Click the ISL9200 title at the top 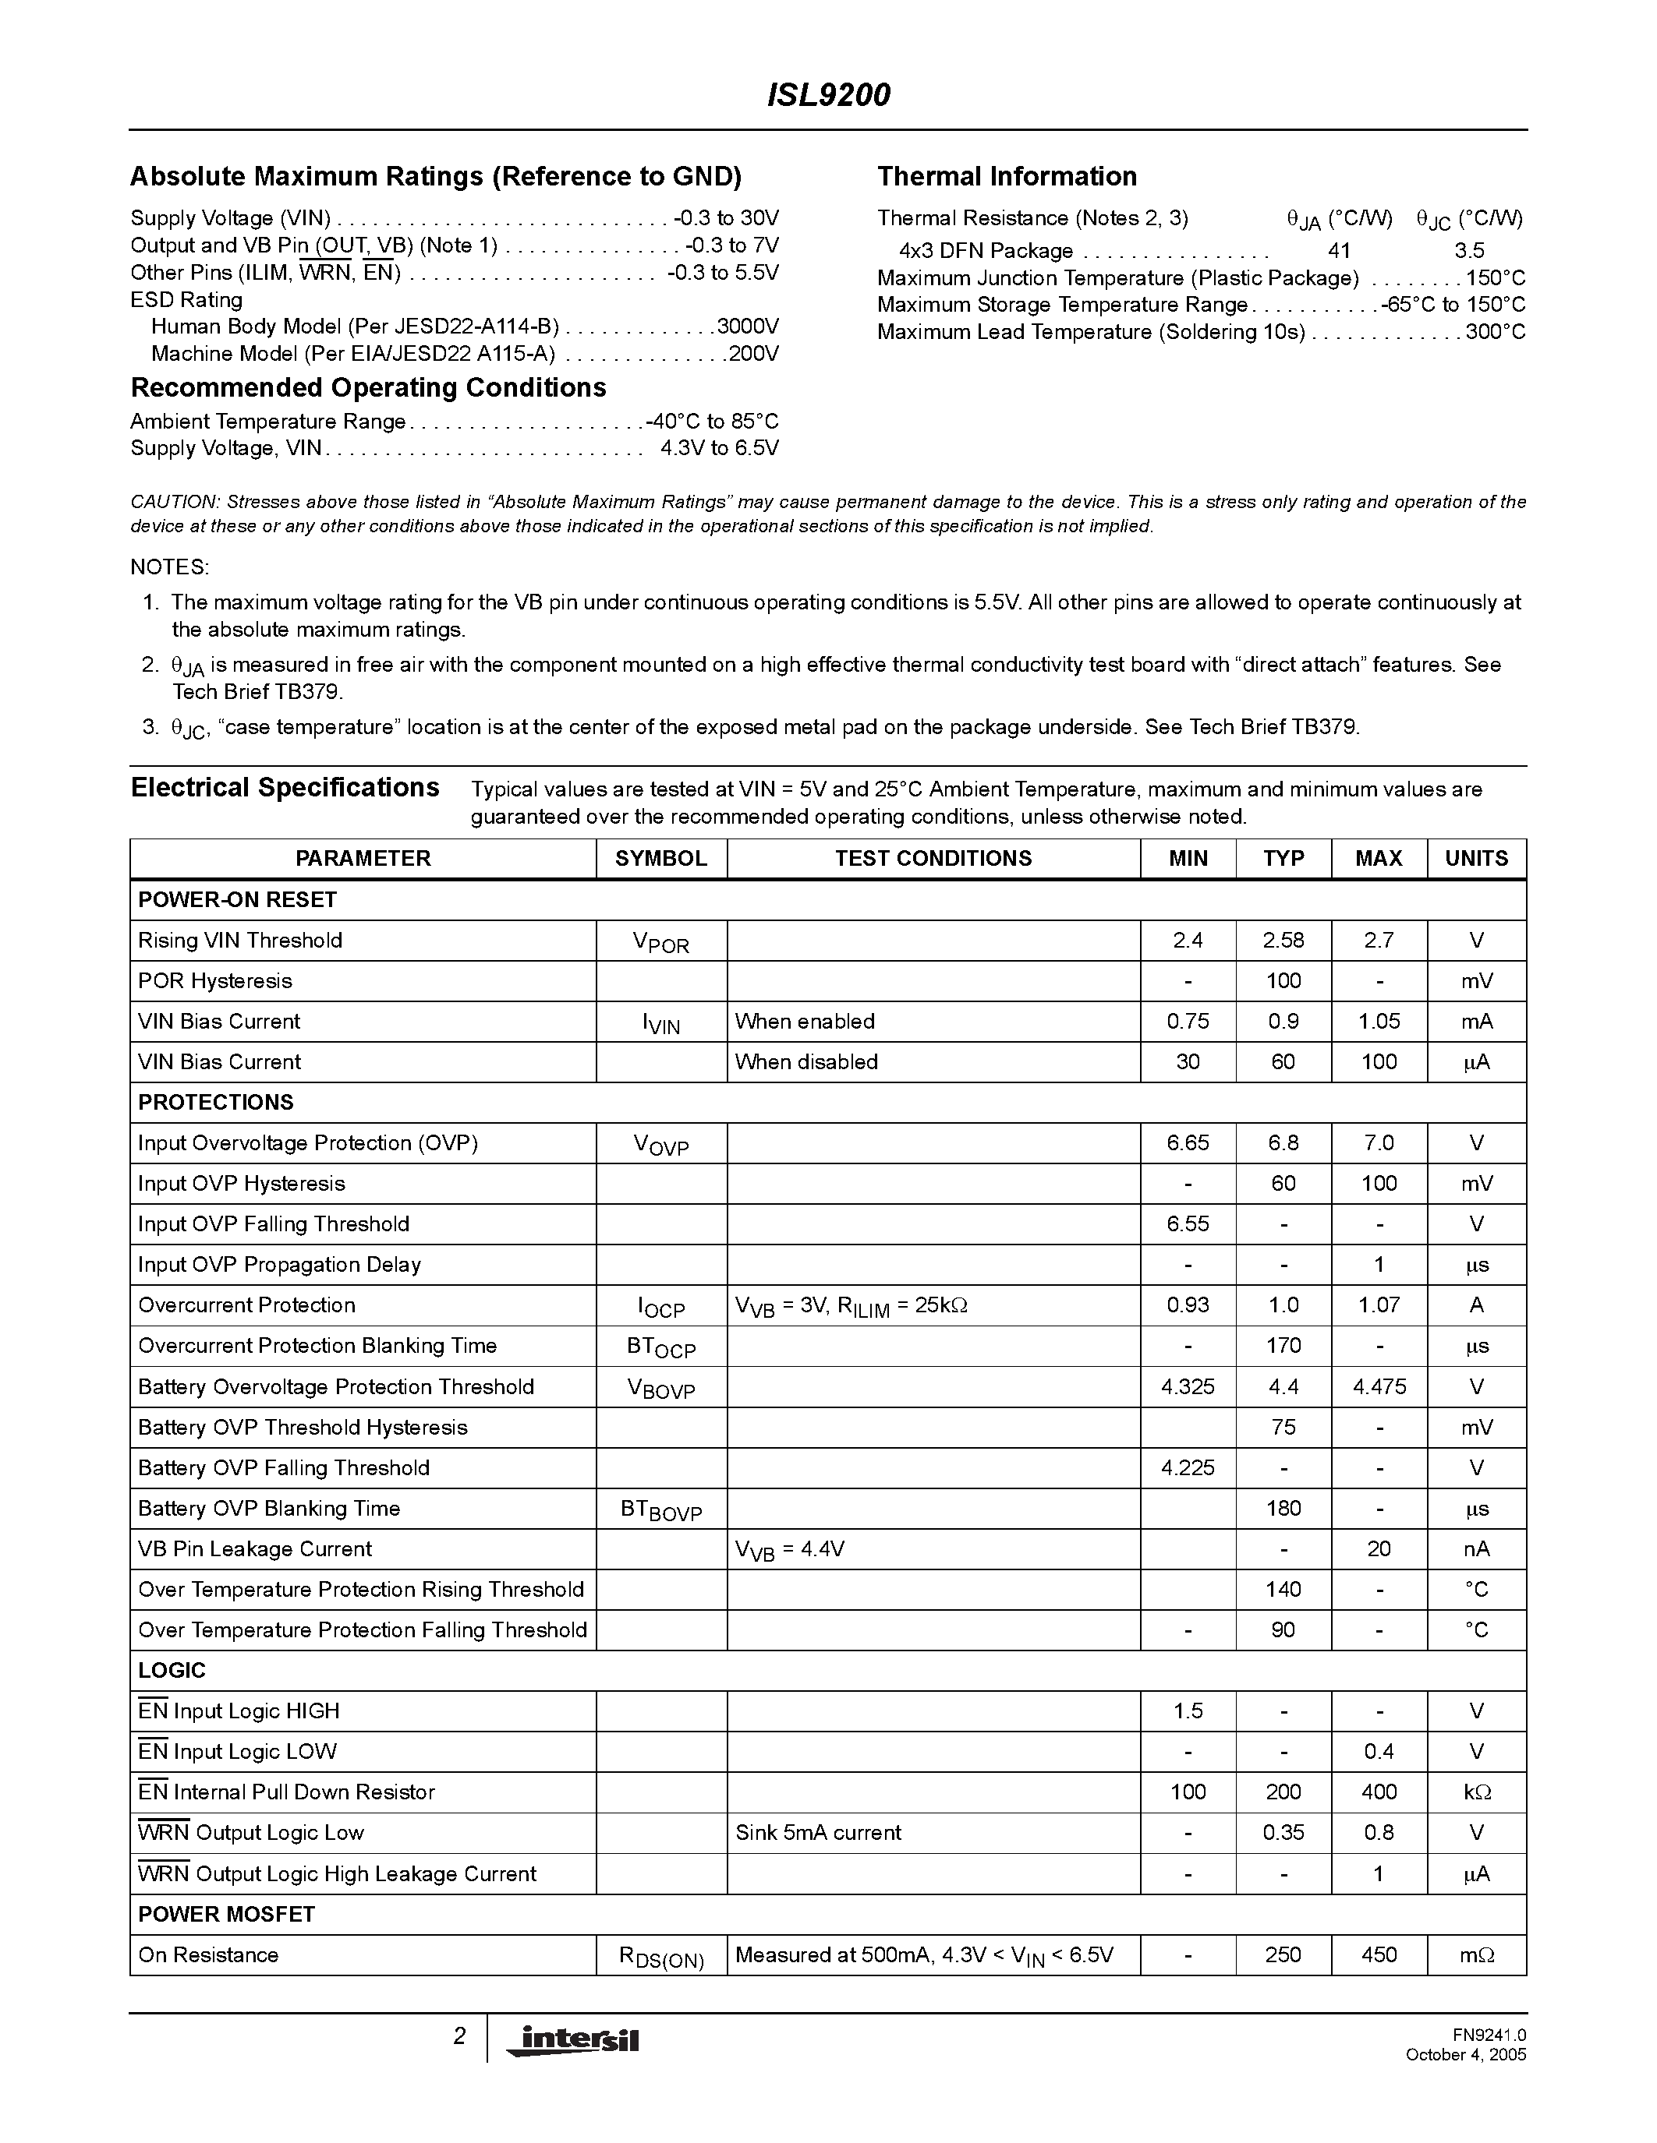[x=827, y=95]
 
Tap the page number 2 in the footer [x=459, y=2036]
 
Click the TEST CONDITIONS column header [x=933, y=859]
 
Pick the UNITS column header [x=1475, y=859]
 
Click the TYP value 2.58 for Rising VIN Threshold [x=1282, y=940]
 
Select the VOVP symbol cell [x=660, y=1144]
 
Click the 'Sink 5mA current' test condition [x=818, y=1832]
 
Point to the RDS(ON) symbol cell [x=660, y=1957]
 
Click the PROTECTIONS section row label [x=215, y=1102]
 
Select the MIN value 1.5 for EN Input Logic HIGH [x=1187, y=1711]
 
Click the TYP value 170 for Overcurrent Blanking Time [x=1282, y=1345]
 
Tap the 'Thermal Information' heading [x=1006, y=177]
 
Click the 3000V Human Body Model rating [x=748, y=326]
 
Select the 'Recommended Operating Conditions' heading [x=368, y=387]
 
